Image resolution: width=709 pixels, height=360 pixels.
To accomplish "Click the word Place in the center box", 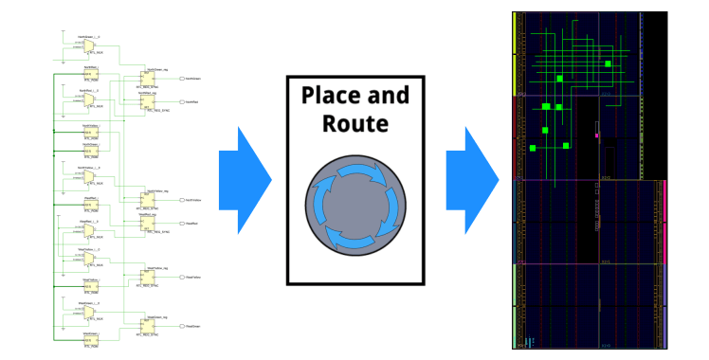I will (330, 96).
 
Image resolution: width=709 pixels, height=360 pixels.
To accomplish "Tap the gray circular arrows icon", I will (355, 205).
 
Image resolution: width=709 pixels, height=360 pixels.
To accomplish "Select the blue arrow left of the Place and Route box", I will (245, 179).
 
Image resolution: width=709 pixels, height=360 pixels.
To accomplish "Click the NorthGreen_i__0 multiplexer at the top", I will (89, 45).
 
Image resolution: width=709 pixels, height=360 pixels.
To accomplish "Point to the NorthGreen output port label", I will (191, 77).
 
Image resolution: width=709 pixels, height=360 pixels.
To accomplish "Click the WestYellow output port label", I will (191, 274).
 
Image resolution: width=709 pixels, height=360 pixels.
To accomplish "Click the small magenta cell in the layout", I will (596, 135).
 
